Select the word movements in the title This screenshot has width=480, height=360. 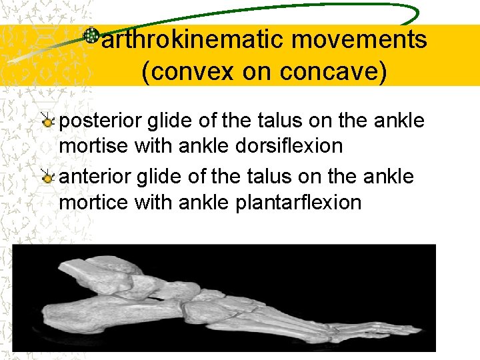[x=359, y=40]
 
